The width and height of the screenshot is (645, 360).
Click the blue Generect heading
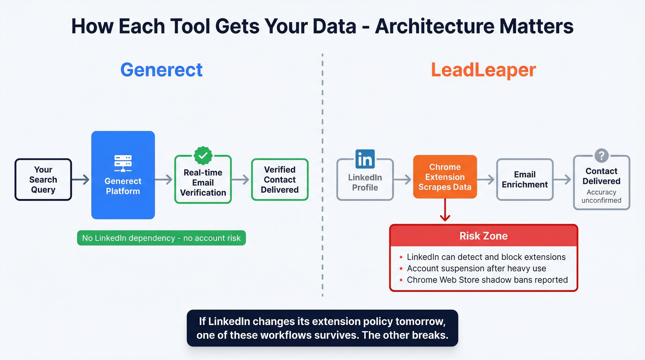point(161,70)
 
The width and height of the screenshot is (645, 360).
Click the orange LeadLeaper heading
point(483,70)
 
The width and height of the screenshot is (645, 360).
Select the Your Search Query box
point(43,180)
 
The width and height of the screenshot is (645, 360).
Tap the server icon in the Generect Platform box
point(123,163)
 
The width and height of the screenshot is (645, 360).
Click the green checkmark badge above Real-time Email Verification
point(203,155)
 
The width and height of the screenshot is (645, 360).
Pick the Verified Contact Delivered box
point(280,180)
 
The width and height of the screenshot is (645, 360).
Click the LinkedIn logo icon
point(365,159)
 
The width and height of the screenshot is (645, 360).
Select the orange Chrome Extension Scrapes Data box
point(445,177)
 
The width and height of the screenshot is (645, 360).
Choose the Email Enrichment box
point(525,180)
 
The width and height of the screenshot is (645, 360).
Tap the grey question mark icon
point(601,155)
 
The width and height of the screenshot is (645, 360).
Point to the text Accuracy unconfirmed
point(601,196)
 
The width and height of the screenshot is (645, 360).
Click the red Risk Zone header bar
point(483,236)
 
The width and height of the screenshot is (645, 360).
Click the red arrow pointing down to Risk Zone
point(445,212)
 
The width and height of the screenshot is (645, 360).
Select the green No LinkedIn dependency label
point(161,238)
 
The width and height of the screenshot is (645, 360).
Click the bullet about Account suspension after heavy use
point(476,268)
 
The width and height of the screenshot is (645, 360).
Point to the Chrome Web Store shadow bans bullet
point(487,280)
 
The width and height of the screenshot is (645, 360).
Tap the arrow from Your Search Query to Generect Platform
point(81,180)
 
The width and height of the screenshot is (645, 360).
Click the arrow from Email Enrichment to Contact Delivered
point(563,180)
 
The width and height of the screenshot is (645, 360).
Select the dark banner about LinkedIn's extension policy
point(322,328)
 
